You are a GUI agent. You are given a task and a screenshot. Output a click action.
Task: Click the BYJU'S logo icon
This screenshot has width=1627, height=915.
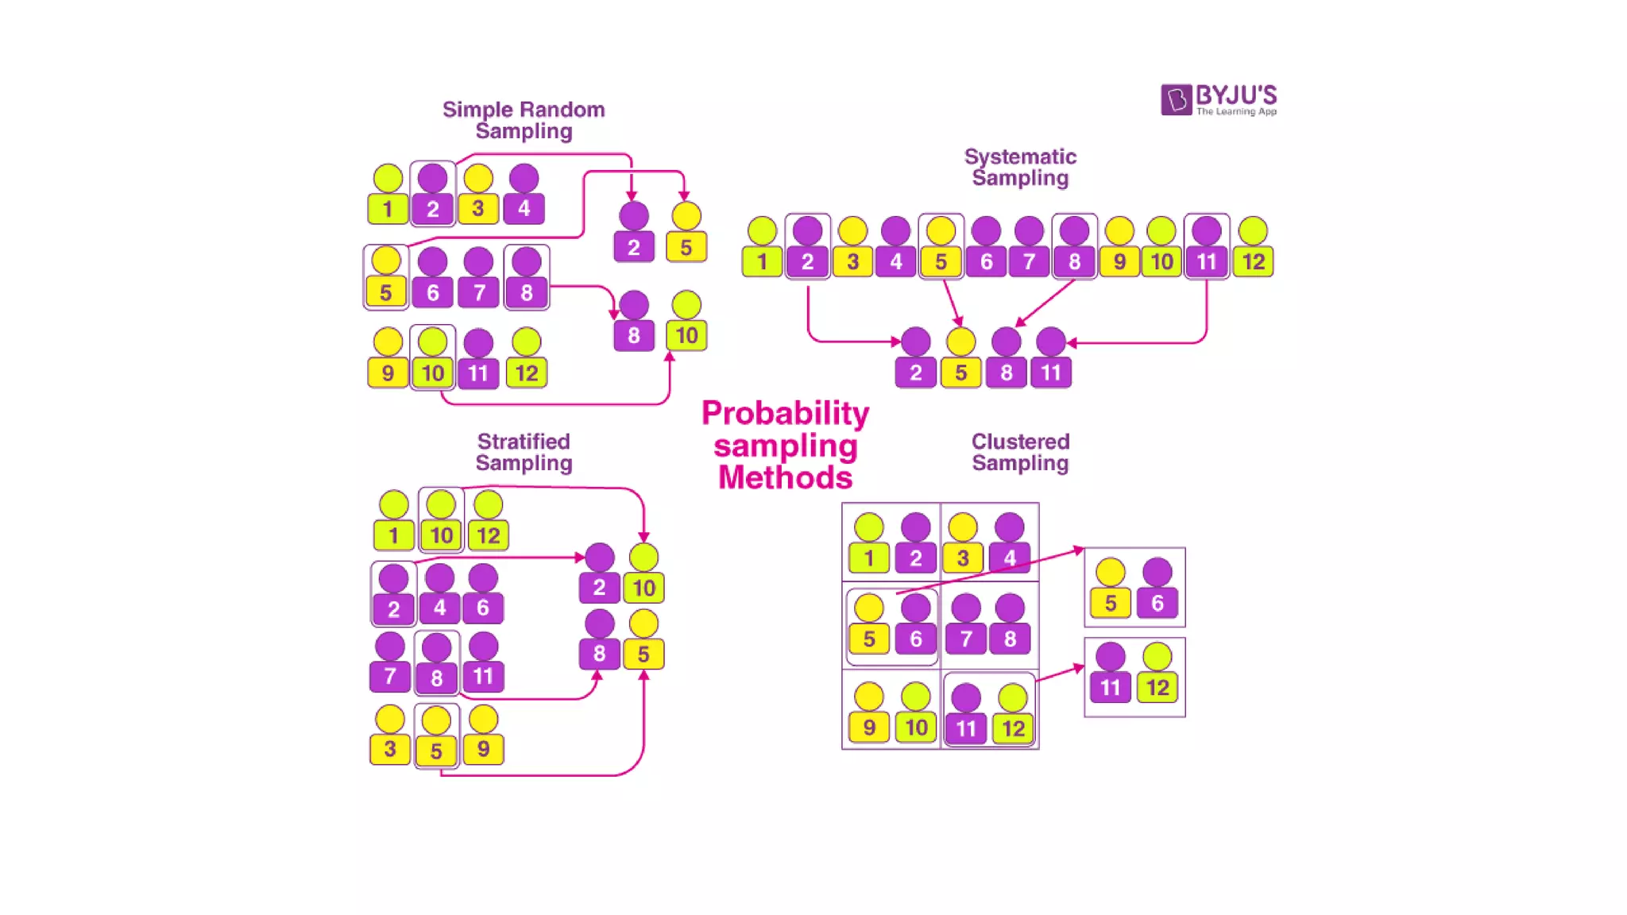[1176, 99]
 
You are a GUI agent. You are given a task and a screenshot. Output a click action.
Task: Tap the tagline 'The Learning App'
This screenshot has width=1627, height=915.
[1236, 112]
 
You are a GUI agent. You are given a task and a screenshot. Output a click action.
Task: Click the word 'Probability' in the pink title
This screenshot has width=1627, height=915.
[785, 413]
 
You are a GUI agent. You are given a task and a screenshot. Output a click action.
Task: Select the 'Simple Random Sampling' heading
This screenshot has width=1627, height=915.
[524, 120]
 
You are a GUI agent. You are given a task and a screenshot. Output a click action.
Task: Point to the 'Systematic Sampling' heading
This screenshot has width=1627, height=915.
[1020, 167]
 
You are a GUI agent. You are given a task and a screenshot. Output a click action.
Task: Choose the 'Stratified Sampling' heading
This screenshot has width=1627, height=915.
[524, 452]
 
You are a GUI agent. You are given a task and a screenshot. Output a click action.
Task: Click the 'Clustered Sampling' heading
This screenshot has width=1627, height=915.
[1020, 452]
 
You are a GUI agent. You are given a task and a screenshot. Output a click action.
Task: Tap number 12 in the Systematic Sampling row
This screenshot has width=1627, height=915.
[1253, 261]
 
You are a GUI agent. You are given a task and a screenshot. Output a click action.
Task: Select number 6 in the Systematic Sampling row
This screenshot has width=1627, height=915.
[986, 261]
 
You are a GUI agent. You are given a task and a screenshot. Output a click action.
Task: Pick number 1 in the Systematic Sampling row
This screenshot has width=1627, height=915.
[762, 261]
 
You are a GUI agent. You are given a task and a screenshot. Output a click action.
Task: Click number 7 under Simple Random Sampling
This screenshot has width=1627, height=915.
[478, 292]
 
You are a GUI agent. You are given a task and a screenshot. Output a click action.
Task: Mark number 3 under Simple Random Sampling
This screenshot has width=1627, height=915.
[478, 209]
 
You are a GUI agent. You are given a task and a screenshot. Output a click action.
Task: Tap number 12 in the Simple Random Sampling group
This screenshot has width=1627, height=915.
[526, 373]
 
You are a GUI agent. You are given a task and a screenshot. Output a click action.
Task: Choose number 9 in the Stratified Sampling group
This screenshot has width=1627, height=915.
[483, 749]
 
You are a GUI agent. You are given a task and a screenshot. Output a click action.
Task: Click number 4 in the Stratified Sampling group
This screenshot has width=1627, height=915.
[439, 608]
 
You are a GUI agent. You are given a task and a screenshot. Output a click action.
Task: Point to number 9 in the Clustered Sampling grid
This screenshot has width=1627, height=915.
[869, 728]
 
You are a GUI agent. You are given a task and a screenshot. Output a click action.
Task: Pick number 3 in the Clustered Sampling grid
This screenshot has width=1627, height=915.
[963, 558]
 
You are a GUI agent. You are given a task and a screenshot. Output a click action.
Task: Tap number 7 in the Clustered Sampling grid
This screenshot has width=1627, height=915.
[966, 639]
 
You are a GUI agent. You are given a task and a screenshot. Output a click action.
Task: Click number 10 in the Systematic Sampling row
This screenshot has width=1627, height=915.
[1161, 261]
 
